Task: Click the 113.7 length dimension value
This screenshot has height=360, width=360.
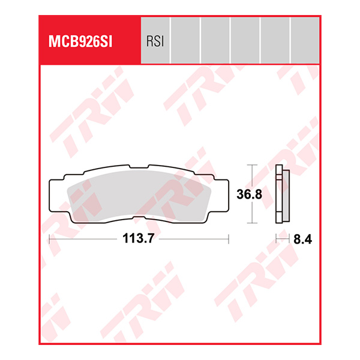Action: pos(139,239)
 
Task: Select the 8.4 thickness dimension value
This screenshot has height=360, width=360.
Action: pos(304,239)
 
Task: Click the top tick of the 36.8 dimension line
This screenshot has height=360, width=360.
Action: pos(252,164)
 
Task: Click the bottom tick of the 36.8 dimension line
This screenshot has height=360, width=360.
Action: pos(252,223)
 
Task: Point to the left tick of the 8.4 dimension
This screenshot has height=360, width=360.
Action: pos(276,239)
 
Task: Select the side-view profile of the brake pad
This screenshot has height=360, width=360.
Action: pos(281,194)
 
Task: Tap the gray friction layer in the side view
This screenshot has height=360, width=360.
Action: pos(286,194)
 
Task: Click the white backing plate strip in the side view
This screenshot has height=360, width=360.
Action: pos(278,194)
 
